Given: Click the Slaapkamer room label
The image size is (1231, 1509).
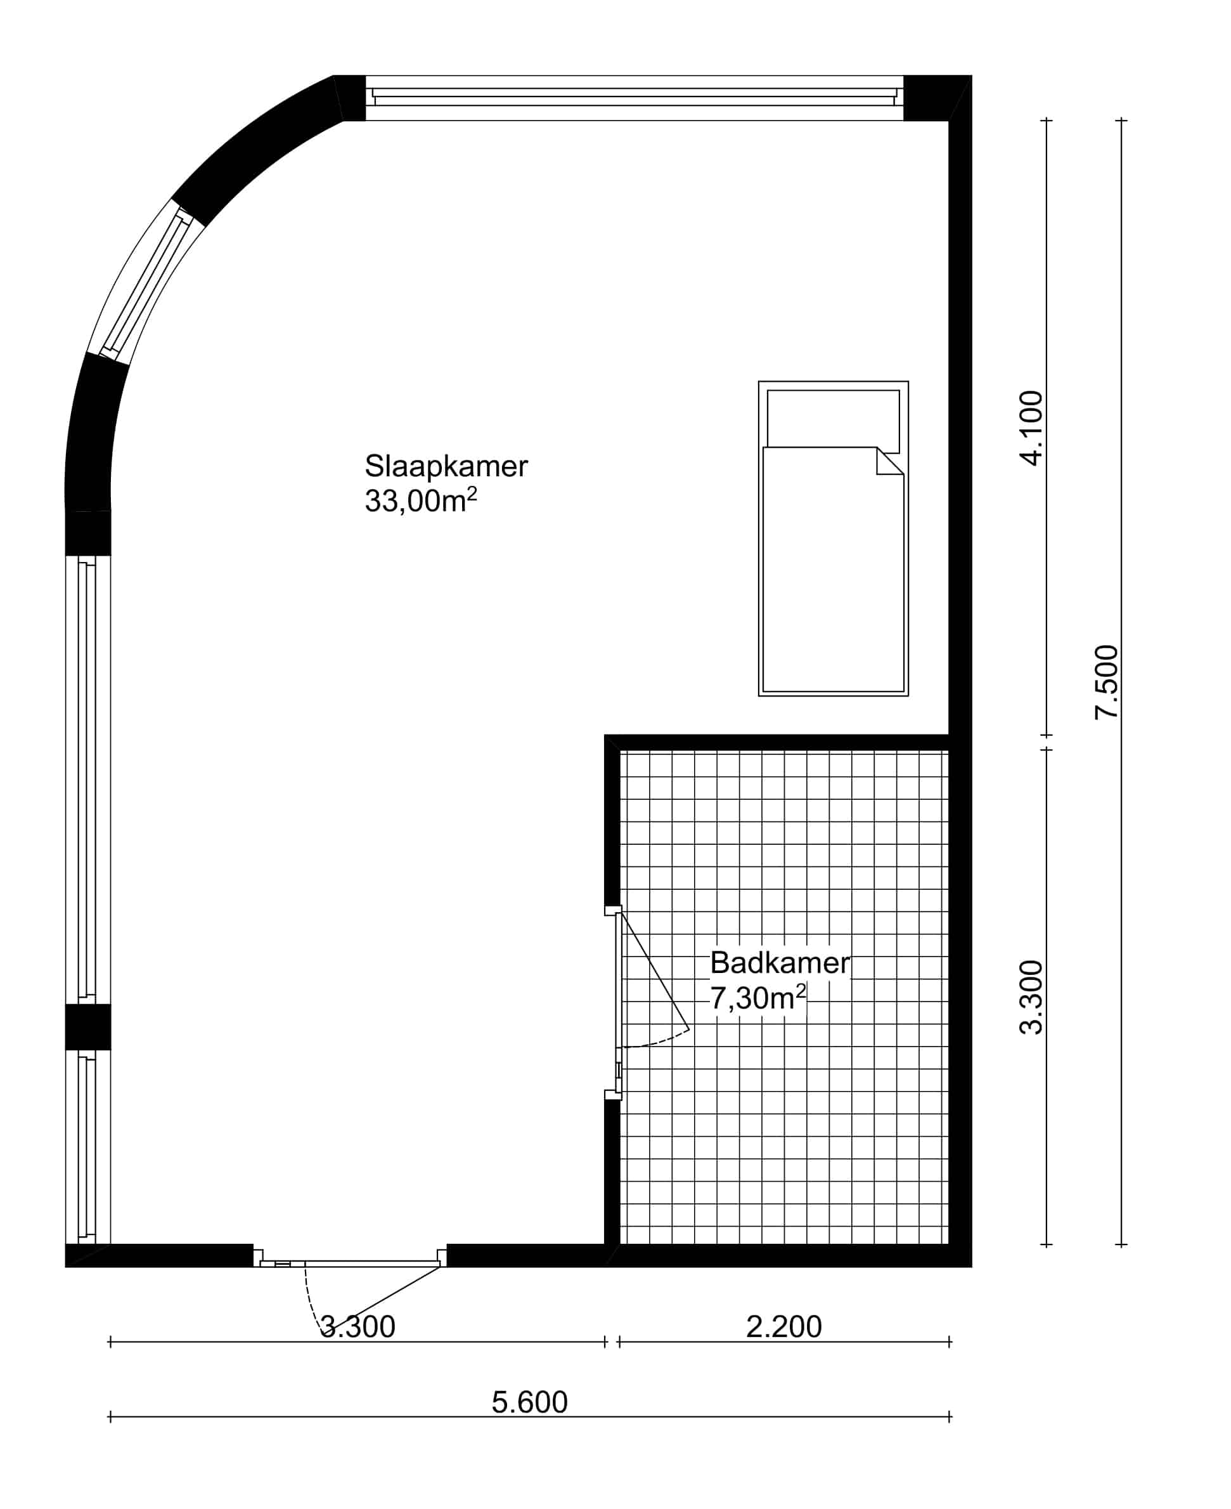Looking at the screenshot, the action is [446, 466].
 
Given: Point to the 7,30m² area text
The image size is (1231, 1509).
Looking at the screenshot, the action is [758, 998].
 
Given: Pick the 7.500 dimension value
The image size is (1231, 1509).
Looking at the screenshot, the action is [1106, 683].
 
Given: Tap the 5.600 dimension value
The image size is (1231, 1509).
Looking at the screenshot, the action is [530, 1402].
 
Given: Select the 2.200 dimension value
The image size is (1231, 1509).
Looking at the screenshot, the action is [783, 1327].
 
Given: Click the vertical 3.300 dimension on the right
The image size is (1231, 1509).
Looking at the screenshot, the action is [1031, 998].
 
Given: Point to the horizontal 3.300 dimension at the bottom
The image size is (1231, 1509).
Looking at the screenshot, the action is [358, 1327].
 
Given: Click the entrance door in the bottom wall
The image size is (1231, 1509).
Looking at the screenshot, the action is [351, 1264].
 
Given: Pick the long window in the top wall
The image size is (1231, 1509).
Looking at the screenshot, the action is [635, 98].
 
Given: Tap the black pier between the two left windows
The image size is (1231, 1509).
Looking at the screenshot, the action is [88, 1026].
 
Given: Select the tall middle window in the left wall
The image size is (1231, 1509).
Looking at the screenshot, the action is [88, 779].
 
